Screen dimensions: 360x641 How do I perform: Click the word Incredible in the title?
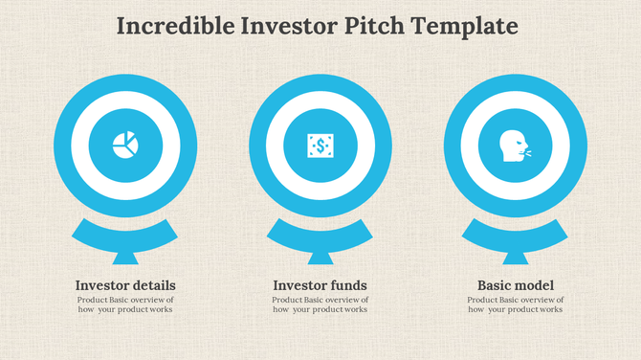[x=172, y=26]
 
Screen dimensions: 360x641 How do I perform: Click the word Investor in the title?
[x=283, y=26]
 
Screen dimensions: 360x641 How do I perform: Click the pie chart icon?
[x=125, y=146]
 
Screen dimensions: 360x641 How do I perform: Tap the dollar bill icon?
[x=320, y=146]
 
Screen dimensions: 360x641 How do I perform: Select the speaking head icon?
[x=515, y=146]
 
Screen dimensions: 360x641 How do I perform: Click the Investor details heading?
[x=125, y=285]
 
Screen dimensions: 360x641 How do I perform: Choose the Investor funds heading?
[x=320, y=285]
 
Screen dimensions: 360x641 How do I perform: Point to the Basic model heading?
[x=515, y=285]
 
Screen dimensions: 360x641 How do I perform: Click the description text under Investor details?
[x=125, y=304]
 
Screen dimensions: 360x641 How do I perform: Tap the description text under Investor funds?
[x=320, y=304]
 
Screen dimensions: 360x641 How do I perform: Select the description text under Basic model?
[x=515, y=304]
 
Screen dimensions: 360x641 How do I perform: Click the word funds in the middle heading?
[x=348, y=285]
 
